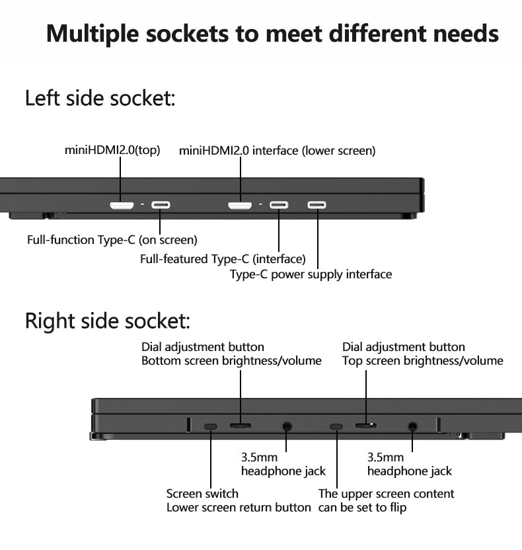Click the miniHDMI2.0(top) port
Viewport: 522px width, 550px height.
coord(122,206)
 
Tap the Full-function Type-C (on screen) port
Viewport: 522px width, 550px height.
coord(161,205)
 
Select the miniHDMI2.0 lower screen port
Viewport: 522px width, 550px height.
coord(240,206)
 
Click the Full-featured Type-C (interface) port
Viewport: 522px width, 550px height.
coord(279,205)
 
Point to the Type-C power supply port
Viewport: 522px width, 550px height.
coord(317,205)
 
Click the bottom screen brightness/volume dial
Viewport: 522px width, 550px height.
coord(240,426)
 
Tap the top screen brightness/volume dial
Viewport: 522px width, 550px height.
coord(366,425)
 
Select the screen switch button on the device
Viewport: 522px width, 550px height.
coord(211,426)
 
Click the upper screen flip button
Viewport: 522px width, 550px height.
coord(336,426)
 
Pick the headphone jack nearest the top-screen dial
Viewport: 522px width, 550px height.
coord(413,427)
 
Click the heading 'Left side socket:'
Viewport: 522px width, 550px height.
coord(100,98)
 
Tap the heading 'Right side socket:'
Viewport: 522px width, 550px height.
coord(107,321)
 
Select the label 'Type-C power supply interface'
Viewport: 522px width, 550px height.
coord(311,274)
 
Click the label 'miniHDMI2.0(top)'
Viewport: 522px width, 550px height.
coord(112,150)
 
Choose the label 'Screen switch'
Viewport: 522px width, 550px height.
coord(202,494)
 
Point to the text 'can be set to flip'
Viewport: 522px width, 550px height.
coord(362,508)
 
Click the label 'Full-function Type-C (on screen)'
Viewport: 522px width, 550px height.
coord(112,240)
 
